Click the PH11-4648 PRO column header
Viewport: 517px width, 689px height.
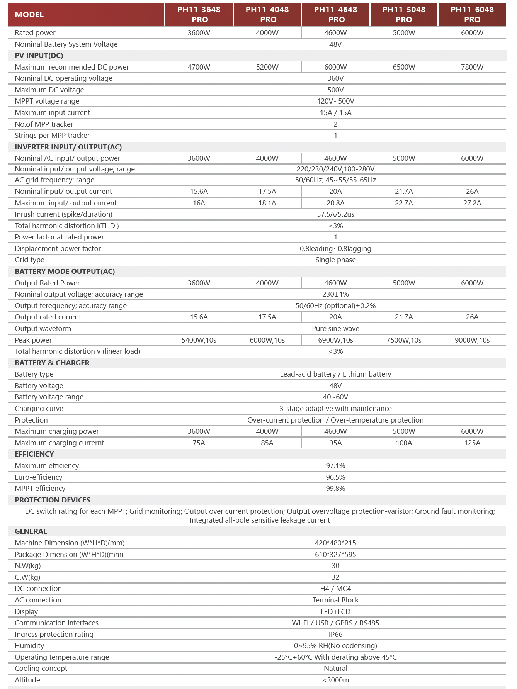pyautogui.click(x=335, y=15)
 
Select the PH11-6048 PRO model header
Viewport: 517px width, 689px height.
pyautogui.click(x=472, y=15)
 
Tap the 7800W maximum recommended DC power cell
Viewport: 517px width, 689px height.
pyautogui.click(x=472, y=67)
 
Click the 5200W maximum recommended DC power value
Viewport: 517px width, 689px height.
pyautogui.click(x=267, y=67)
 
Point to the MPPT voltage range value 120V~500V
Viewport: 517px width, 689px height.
pyautogui.click(x=335, y=101)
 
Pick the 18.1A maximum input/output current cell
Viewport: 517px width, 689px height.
pyautogui.click(x=267, y=203)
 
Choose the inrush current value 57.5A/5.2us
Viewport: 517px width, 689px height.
pyautogui.click(x=335, y=214)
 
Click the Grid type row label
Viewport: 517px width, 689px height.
pyautogui.click(x=29, y=260)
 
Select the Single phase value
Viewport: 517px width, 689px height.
pyautogui.click(x=335, y=260)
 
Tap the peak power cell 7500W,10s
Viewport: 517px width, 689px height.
pyautogui.click(x=404, y=340)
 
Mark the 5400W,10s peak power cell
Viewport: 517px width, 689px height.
pyautogui.click(x=199, y=340)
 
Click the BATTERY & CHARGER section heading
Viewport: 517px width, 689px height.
pyautogui.click(x=52, y=363)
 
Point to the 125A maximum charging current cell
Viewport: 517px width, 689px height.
pyautogui.click(x=472, y=443)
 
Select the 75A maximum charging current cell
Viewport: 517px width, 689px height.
pyautogui.click(x=199, y=443)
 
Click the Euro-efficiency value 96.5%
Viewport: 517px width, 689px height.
pyautogui.click(x=335, y=477)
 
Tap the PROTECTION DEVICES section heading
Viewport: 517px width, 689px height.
pyautogui.click(x=53, y=500)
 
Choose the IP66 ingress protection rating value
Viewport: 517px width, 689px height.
pyautogui.click(x=335, y=635)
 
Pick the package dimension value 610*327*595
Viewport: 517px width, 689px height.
pyautogui.click(x=335, y=555)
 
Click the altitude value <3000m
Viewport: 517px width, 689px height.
pyautogui.click(x=335, y=680)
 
